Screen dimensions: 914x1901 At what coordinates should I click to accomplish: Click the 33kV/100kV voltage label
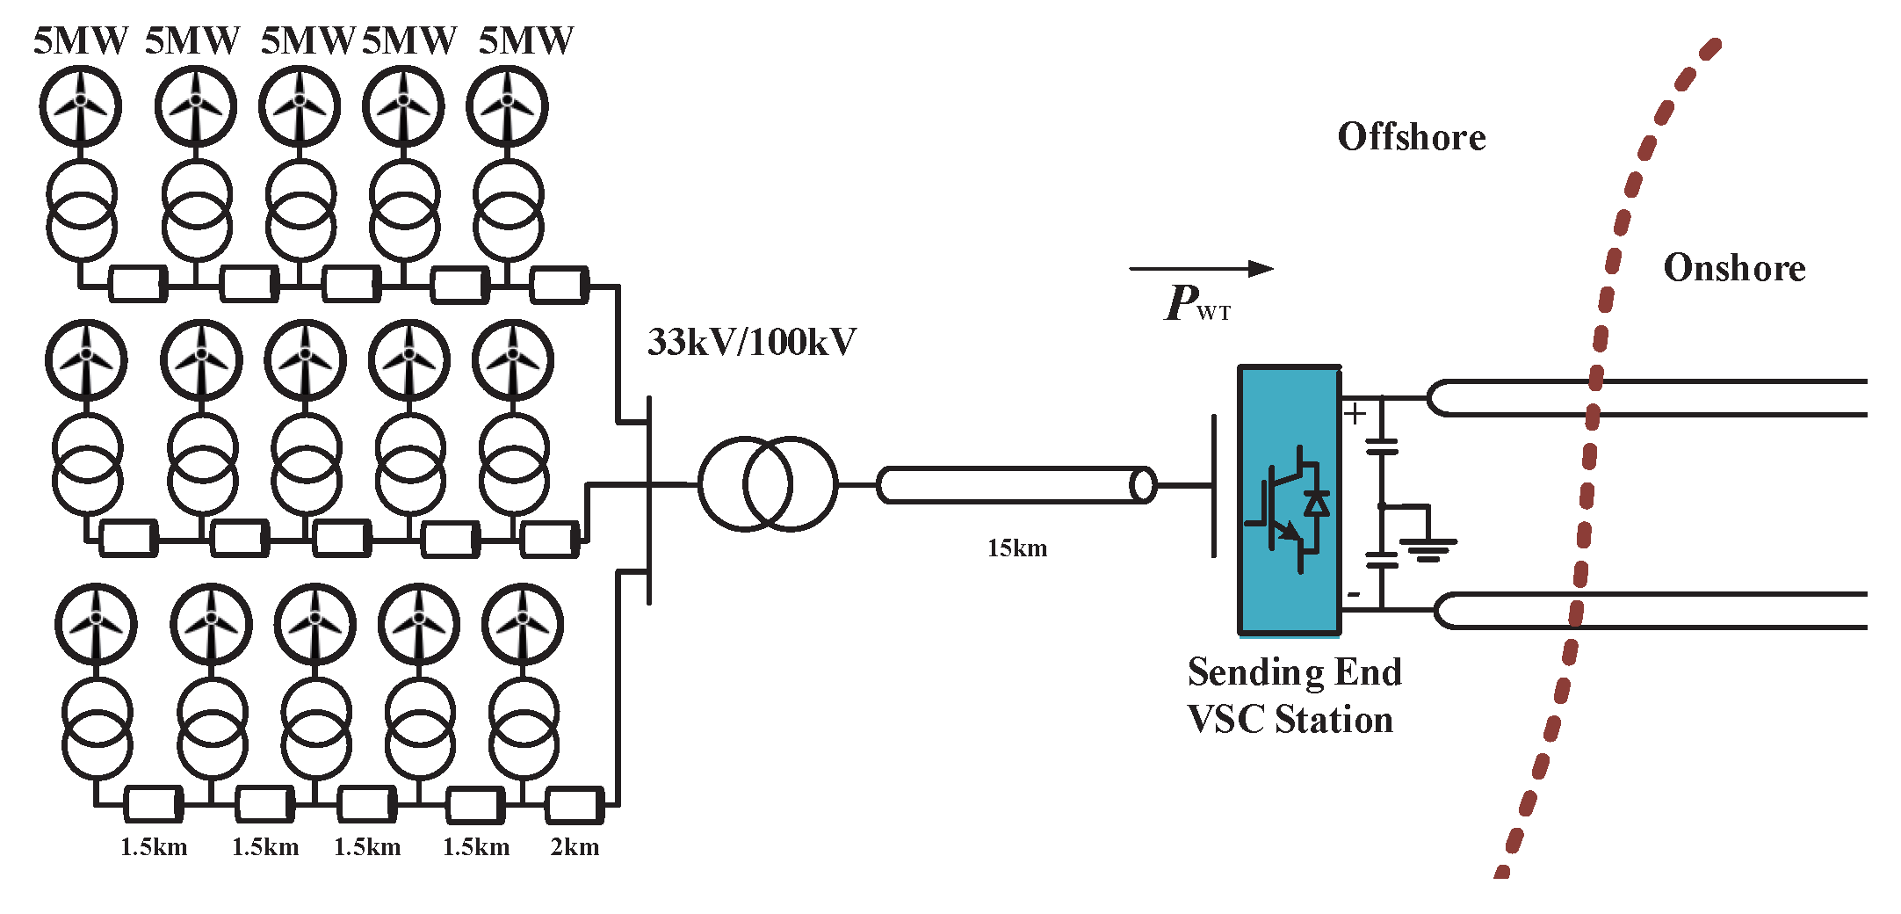tap(751, 343)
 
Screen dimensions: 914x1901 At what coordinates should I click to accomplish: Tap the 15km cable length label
tap(1017, 548)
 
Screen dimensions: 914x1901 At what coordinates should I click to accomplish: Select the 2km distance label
tap(575, 847)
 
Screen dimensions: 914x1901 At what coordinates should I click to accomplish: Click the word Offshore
tap(1411, 138)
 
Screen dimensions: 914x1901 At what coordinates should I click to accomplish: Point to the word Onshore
tap(1734, 268)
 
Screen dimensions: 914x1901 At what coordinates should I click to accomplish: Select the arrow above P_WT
tap(1200, 269)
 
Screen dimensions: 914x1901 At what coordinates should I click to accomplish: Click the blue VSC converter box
tap(1289, 499)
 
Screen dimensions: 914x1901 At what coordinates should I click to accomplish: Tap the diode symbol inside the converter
tap(1316, 504)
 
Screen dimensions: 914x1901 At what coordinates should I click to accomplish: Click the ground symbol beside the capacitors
tap(1428, 549)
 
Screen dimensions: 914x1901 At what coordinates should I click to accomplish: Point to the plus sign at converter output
tap(1355, 413)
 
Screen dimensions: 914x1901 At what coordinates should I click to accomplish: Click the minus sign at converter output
tap(1354, 595)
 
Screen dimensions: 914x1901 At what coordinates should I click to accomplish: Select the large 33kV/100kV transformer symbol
tap(768, 484)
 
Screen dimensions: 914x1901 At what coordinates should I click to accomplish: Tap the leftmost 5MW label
tap(81, 40)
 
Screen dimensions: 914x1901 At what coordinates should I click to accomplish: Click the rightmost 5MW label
tap(525, 40)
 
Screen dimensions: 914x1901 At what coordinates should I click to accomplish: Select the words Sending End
tap(1294, 672)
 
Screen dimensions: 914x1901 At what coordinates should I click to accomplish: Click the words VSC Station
tap(1290, 720)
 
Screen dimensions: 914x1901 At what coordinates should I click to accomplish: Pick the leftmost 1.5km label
tap(154, 847)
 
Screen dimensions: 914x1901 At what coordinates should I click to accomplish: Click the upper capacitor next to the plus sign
tap(1381, 446)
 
